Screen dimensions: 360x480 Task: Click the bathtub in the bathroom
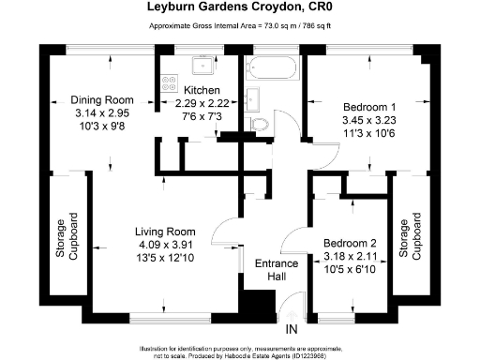(x=273, y=69)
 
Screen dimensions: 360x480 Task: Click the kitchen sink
(x=201, y=67)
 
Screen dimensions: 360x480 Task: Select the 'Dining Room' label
(x=105, y=100)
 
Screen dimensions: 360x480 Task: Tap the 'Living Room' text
(x=164, y=232)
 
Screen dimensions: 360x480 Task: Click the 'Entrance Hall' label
(x=277, y=270)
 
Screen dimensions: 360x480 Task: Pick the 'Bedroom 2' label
(x=350, y=239)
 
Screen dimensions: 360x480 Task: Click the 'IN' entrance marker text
(x=292, y=328)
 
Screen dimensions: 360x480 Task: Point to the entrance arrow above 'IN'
(x=292, y=312)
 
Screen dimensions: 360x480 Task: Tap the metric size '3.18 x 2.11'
(x=350, y=252)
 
